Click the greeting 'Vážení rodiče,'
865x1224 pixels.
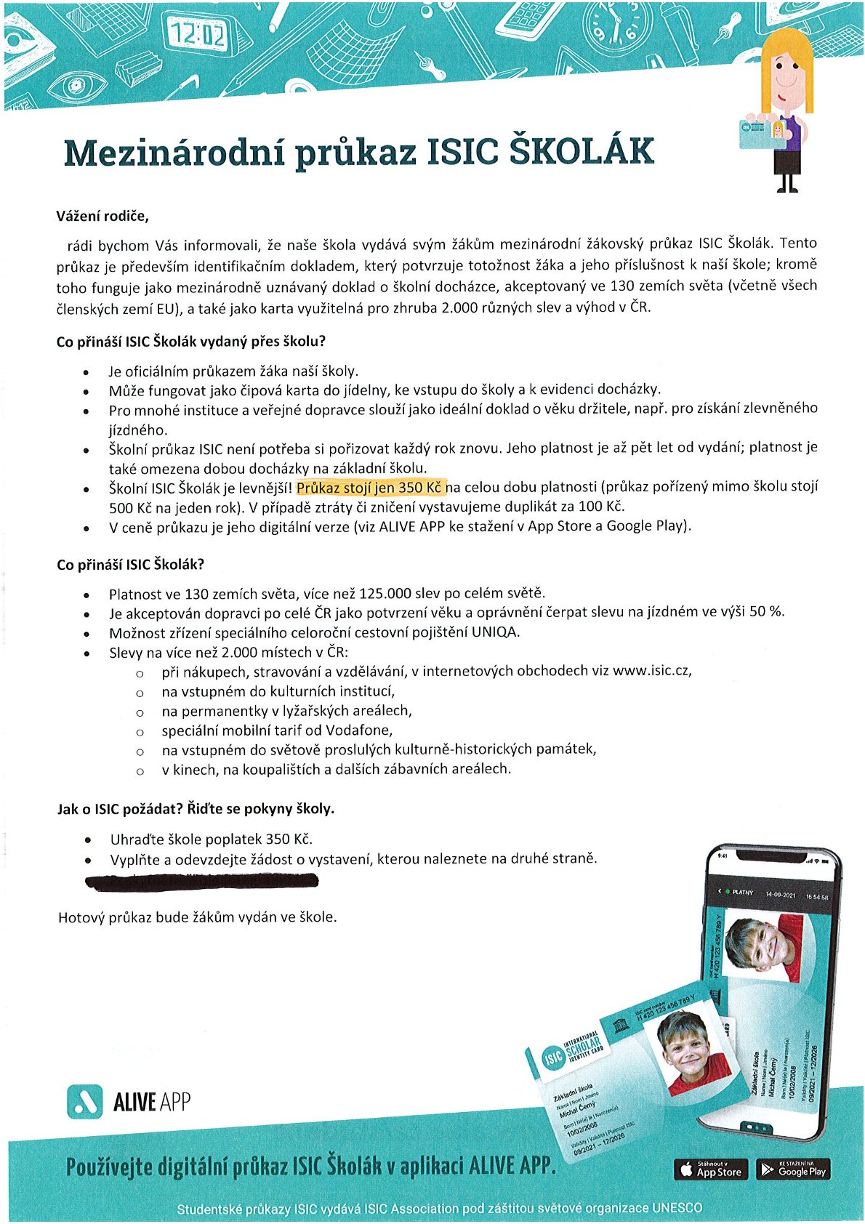coord(102,216)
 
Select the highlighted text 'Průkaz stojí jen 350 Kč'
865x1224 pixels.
coord(370,487)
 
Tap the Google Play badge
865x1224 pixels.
coord(793,1169)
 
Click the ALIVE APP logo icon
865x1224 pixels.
coord(84,1102)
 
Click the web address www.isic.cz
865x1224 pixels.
coord(651,671)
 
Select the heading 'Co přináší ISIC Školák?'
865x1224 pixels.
coord(131,564)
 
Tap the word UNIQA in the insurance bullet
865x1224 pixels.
coord(495,632)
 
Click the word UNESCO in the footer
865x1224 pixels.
coord(677,1208)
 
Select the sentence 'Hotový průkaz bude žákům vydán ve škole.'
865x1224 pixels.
coord(198,917)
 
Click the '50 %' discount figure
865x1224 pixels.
coord(766,611)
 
